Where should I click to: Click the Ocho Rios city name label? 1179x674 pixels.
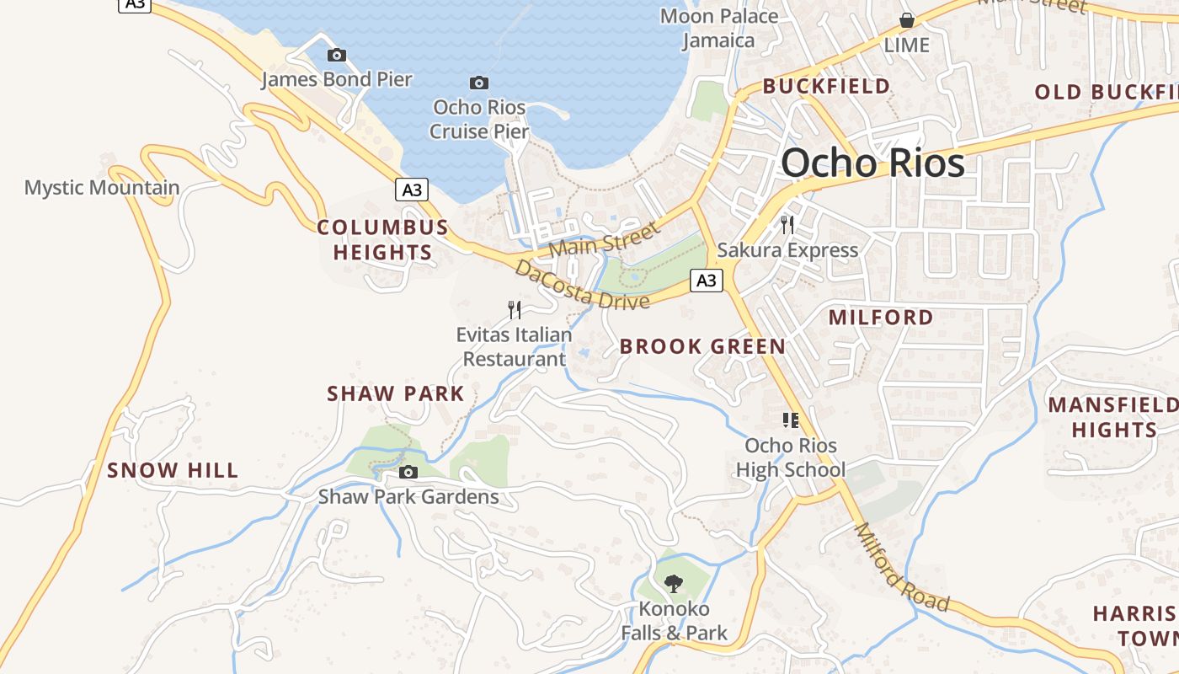(872, 163)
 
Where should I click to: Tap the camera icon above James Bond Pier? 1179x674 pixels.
(337, 56)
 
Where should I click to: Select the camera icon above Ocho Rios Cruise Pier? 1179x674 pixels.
(479, 83)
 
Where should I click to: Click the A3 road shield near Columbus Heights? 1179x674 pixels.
(411, 190)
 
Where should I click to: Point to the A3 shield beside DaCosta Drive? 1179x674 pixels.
(707, 281)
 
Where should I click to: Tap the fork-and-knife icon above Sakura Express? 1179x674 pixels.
(787, 224)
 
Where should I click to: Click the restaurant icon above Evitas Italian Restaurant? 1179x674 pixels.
(515, 310)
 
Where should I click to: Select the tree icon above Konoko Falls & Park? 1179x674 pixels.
(673, 583)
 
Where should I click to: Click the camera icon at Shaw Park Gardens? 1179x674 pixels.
(408, 472)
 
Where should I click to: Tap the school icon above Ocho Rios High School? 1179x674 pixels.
(790, 420)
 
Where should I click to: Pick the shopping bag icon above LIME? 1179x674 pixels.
(907, 20)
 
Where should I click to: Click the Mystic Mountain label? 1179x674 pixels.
(102, 188)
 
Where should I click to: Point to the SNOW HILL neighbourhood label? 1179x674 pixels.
(173, 470)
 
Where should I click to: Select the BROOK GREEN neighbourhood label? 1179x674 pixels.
(702, 346)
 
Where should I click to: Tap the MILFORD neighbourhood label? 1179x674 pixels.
(881, 318)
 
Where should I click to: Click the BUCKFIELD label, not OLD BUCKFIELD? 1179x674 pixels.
(826, 86)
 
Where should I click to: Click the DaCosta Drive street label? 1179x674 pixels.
(582, 286)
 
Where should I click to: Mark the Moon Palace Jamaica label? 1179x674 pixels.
(718, 28)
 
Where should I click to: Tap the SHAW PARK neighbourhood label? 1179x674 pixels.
(395, 393)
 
